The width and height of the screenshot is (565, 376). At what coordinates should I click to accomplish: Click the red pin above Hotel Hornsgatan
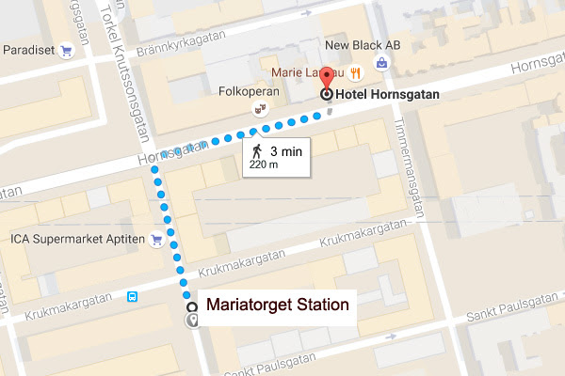(x=327, y=78)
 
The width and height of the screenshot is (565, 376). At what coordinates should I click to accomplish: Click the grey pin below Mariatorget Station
(x=193, y=321)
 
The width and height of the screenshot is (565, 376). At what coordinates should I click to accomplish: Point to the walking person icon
(x=255, y=151)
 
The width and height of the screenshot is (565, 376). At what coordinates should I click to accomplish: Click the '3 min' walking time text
(x=286, y=150)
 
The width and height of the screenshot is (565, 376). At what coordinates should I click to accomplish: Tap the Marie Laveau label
(x=307, y=72)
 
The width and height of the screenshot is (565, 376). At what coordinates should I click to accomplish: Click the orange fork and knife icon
(x=355, y=72)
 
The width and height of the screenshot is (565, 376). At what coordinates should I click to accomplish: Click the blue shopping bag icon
(x=382, y=63)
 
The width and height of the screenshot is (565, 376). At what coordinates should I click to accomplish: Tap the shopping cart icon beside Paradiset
(x=67, y=51)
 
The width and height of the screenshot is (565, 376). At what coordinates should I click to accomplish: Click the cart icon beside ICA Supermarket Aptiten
(x=156, y=240)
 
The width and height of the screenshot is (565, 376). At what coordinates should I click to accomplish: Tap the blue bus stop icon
(x=133, y=297)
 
